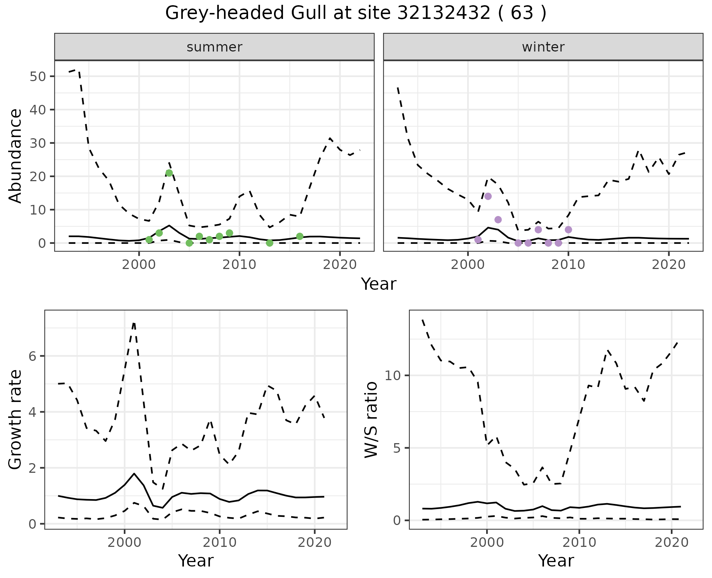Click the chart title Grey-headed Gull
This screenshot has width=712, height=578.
[x=356, y=14]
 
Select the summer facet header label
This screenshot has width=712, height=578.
[x=214, y=47]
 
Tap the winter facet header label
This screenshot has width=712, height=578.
[x=543, y=47]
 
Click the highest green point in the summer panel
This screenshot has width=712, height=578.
[x=169, y=173]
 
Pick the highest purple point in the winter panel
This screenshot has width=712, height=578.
[x=488, y=196]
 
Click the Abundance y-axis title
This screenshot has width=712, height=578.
[x=15, y=156]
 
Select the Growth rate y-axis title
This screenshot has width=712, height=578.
[x=15, y=420]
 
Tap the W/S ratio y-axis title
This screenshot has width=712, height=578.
[x=371, y=420]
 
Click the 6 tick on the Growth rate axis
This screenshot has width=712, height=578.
[x=34, y=356]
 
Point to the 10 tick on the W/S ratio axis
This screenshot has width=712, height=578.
[x=393, y=376]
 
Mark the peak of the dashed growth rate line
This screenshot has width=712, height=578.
[x=134, y=323]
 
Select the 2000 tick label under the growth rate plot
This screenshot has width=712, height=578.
[x=125, y=542]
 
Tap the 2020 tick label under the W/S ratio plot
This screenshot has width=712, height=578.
[x=671, y=542]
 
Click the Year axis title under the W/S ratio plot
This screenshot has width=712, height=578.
[x=556, y=561]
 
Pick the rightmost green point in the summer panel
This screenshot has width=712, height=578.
[x=300, y=236]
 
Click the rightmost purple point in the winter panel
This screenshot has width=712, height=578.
[x=568, y=230]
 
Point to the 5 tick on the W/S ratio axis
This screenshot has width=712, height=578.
[x=398, y=448]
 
